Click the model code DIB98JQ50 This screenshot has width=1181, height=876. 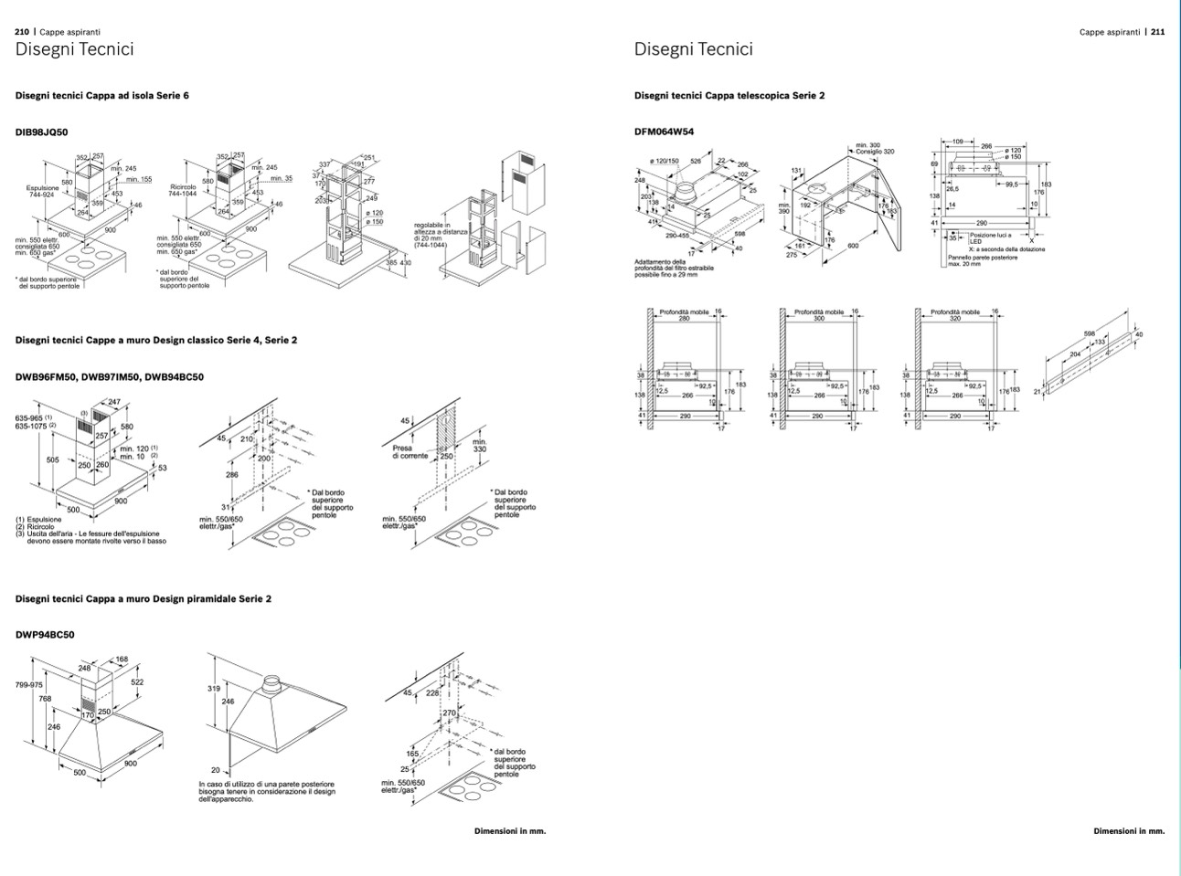[x=42, y=132]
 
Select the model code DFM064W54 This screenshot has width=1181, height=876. [x=664, y=132]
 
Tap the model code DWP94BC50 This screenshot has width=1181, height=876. [x=45, y=635]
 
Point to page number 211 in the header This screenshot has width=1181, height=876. [x=1157, y=31]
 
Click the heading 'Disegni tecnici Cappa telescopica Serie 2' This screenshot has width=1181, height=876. [x=729, y=95]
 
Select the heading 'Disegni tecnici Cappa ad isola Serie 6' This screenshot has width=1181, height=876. [x=102, y=95]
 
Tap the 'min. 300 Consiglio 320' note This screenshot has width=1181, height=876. [x=875, y=148]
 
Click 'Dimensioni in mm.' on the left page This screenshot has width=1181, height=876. [x=510, y=831]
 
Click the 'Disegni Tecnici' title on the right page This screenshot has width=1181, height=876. [x=694, y=49]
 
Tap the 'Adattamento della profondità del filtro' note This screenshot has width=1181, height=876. [x=675, y=268]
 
